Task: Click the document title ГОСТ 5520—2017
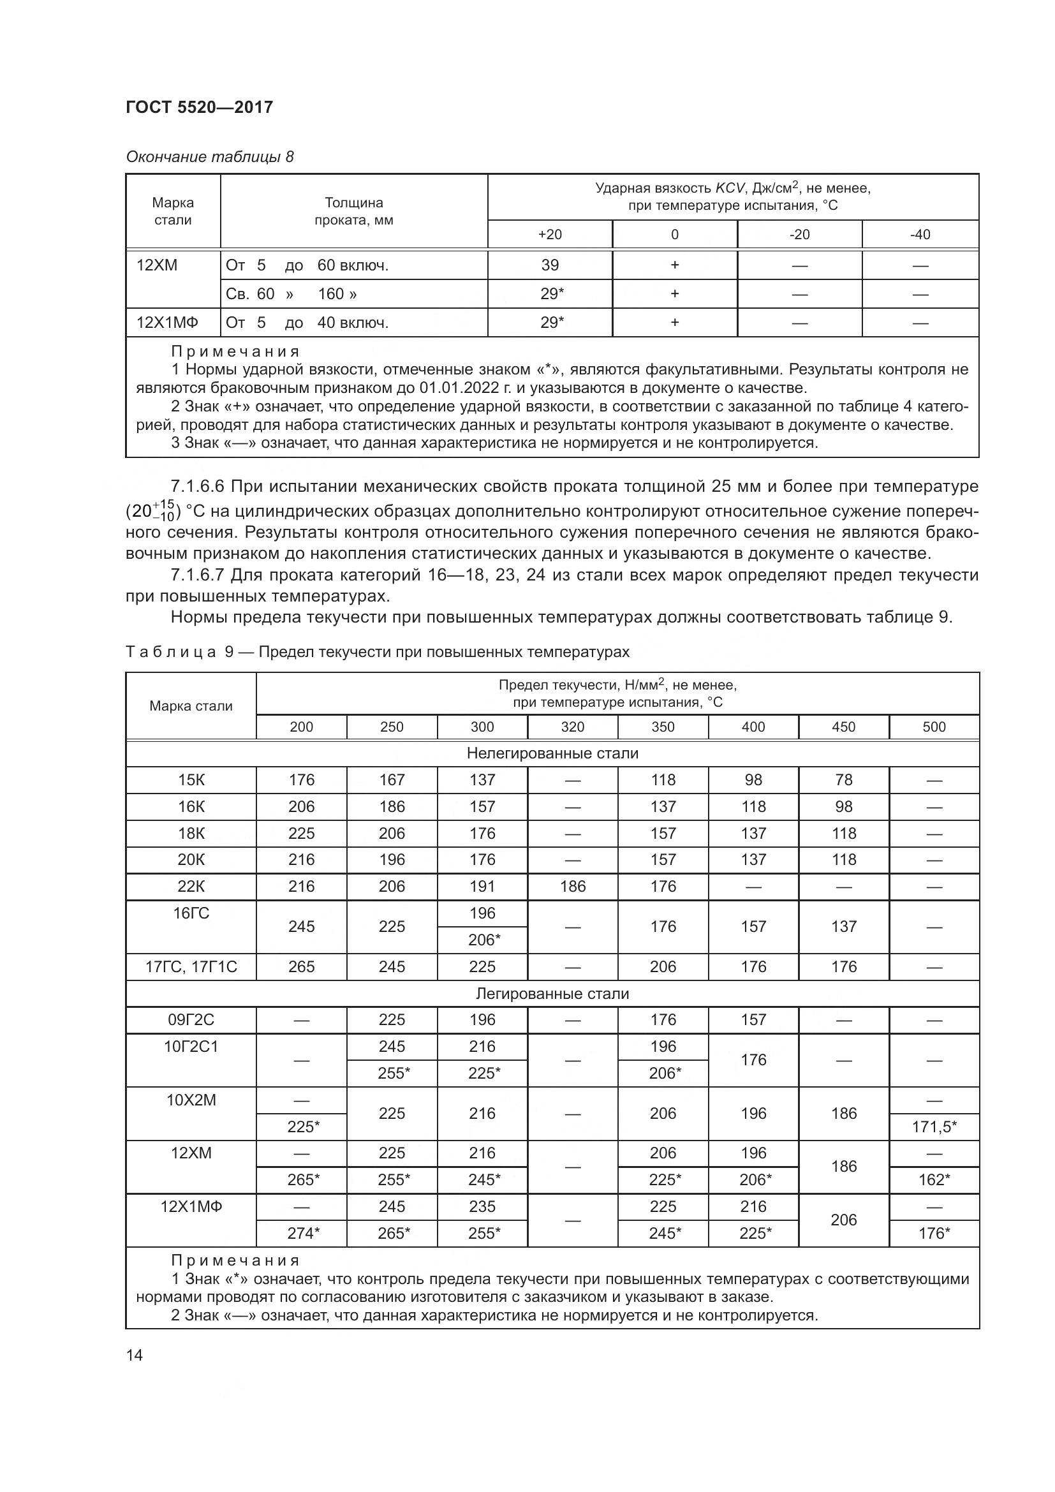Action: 199,107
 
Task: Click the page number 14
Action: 135,1355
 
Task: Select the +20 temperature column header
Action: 550,235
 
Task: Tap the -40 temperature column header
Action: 920,235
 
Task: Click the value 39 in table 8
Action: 550,265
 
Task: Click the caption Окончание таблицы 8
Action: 210,157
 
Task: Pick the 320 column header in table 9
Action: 572,727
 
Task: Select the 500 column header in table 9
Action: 934,727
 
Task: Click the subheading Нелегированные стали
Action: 552,754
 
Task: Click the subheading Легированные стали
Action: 552,994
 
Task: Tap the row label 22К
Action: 191,887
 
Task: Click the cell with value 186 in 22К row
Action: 572,887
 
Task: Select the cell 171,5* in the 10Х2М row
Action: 934,1126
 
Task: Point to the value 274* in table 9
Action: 303,1234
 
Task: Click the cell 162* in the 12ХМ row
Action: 934,1180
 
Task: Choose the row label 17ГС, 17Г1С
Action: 191,967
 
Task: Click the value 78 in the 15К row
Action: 844,779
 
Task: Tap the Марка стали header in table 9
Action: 191,706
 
